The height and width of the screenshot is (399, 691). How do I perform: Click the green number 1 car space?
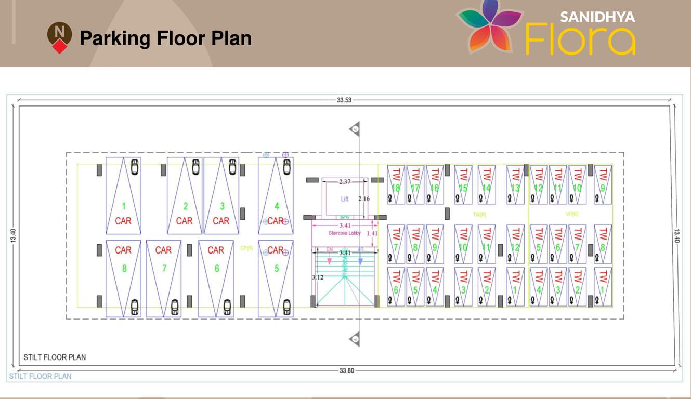[124, 206]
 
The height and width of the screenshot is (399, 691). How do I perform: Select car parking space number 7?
[164, 269]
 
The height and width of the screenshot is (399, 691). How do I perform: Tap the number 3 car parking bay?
[222, 206]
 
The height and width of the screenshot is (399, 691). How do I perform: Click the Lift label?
[345, 199]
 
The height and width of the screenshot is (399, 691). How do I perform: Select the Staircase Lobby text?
[344, 233]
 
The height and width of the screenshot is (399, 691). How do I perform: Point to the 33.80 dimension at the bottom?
[347, 370]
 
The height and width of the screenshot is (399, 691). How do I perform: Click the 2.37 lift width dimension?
[345, 182]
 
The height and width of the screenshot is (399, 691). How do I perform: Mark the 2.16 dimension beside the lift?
[364, 199]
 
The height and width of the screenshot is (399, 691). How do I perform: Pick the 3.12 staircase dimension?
[318, 277]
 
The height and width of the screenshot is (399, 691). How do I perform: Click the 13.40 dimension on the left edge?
[13, 235]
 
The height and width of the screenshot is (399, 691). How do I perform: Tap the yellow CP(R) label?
[246, 248]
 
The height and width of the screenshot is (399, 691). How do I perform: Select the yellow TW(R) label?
[479, 214]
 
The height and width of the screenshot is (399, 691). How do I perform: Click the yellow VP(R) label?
[572, 214]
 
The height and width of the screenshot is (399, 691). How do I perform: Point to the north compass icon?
[60, 37]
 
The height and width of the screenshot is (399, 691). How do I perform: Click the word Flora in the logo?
[580, 39]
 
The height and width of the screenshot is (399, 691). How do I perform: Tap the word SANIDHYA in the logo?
[597, 17]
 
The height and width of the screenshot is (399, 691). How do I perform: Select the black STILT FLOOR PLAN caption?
[55, 357]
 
